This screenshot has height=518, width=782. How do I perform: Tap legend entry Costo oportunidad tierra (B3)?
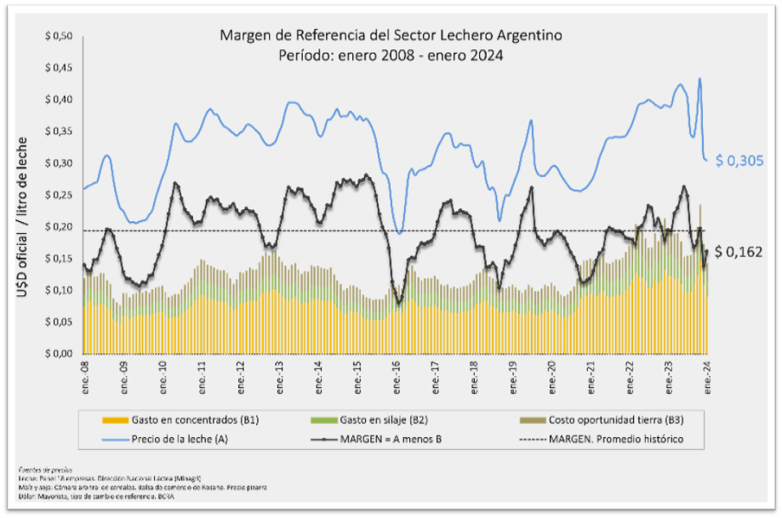pos(595,421)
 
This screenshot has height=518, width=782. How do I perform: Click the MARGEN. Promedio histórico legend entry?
pos(608,440)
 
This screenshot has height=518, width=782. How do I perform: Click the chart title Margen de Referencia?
pos(391,36)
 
